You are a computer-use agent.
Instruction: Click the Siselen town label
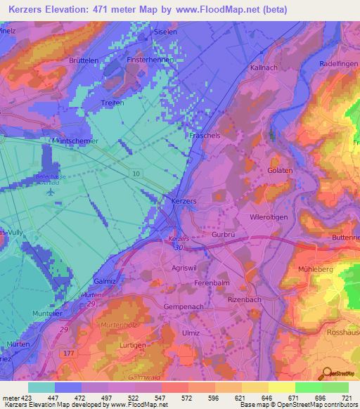click(162, 32)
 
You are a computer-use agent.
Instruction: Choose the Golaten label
click(279, 170)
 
